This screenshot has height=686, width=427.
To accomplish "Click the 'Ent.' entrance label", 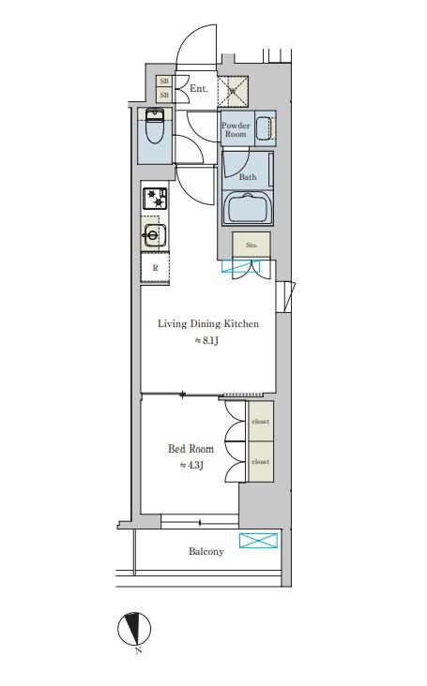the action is pyautogui.click(x=198, y=89).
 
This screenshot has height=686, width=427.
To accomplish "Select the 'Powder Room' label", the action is pyautogui.click(x=236, y=129).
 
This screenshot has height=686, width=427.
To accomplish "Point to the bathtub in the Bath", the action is pyautogui.click(x=248, y=208).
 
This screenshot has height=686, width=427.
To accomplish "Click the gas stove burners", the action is pyautogui.click(x=155, y=198).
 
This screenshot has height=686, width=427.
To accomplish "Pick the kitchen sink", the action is pyautogui.click(x=153, y=235).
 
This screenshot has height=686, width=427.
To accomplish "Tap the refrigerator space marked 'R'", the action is pyautogui.click(x=155, y=268).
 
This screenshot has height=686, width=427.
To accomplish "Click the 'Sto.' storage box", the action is pyautogui.click(x=252, y=245).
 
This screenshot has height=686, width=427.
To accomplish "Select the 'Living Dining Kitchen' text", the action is pyautogui.click(x=208, y=323).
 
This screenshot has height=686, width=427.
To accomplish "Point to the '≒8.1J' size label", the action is pyautogui.click(x=206, y=340).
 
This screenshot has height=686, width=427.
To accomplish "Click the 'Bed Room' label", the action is pyautogui.click(x=191, y=449).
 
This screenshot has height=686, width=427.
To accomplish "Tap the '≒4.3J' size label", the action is pyautogui.click(x=191, y=465).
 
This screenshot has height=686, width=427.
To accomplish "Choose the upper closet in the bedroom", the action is pyautogui.click(x=261, y=421).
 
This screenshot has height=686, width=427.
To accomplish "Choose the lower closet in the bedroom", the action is pyautogui.click(x=261, y=462).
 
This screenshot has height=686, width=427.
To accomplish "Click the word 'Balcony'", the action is pyautogui.click(x=206, y=551).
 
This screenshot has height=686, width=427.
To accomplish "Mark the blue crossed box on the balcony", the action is pyautogui.click(x=258, y=541).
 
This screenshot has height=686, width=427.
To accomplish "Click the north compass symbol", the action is pyautogui.click(x=134, y=630).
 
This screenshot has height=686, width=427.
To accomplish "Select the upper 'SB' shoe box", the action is pyautogui.click(x=164, y=82).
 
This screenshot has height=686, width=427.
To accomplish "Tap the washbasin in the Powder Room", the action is pyautogui.click(x=265, y=128).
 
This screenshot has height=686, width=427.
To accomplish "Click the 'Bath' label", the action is pyautogui.click(x=248, y=177).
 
